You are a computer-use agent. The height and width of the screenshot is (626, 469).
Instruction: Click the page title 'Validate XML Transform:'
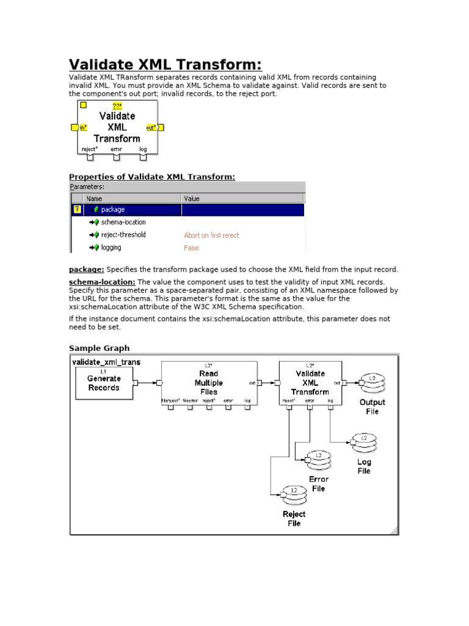coord(165,65)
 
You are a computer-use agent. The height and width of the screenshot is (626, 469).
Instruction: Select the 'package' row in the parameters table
coord(112,210)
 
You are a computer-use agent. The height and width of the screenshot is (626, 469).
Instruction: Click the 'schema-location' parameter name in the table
coord(123,223)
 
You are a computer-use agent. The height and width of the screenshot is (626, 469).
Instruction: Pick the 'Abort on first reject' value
coord(211,235)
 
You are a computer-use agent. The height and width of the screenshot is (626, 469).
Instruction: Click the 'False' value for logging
coord(191,248)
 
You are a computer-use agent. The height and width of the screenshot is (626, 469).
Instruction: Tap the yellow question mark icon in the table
coord(76,210)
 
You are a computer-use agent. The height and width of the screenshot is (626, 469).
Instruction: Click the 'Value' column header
coord(191,198)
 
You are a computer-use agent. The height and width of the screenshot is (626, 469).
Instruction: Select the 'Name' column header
coord(94,198)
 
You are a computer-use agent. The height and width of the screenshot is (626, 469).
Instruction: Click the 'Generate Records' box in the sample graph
coord(104,383)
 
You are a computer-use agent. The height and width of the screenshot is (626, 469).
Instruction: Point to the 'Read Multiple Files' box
coord(208,383)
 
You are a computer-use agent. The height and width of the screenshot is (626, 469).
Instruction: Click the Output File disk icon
coord(372,383)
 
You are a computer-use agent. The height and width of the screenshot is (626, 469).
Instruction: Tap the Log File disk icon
coord(364,443)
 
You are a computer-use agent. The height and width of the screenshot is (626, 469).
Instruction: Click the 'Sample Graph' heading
coord(99,348)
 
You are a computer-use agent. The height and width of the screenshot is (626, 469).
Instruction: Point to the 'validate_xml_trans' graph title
coord(106,362)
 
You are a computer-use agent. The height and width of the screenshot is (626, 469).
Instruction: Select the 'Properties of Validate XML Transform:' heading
coord(151,177)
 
